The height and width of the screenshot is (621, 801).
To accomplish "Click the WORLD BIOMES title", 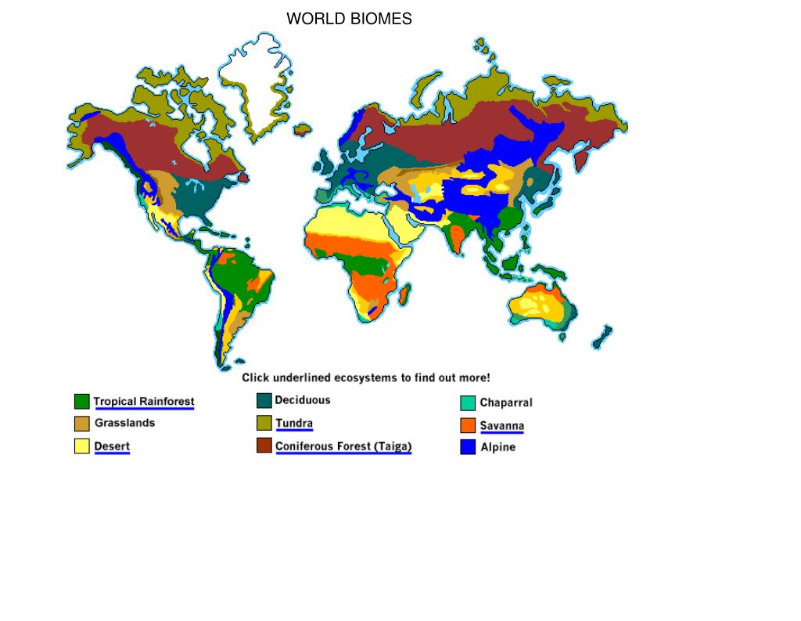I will point(349,19).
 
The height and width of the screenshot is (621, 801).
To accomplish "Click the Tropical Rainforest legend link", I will point(144,402).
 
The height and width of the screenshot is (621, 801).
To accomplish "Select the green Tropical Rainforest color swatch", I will point(82,402).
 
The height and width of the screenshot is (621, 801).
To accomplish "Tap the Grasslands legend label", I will point(125,423).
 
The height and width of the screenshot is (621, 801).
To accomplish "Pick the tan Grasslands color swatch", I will point(82,424).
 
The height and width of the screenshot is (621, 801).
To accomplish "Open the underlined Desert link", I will point(112,446).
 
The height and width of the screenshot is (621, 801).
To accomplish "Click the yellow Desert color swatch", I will point(82,446).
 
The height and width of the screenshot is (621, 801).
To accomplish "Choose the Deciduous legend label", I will point(303,400).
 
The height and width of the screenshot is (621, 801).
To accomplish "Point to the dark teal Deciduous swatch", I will point(264,401).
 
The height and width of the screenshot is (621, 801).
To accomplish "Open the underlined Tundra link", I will point(294,424).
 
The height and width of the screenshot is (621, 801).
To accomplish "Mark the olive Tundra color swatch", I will point(264,424).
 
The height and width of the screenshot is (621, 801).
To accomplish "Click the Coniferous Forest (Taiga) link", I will point(343,446).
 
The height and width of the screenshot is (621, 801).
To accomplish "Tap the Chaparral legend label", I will point(506,403).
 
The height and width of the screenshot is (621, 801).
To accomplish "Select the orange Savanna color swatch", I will point(468,426).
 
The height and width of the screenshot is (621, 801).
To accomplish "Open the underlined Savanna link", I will point(502,426).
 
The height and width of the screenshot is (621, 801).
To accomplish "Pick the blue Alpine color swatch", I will point(468,448).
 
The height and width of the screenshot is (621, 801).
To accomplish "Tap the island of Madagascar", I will point(404,295).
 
